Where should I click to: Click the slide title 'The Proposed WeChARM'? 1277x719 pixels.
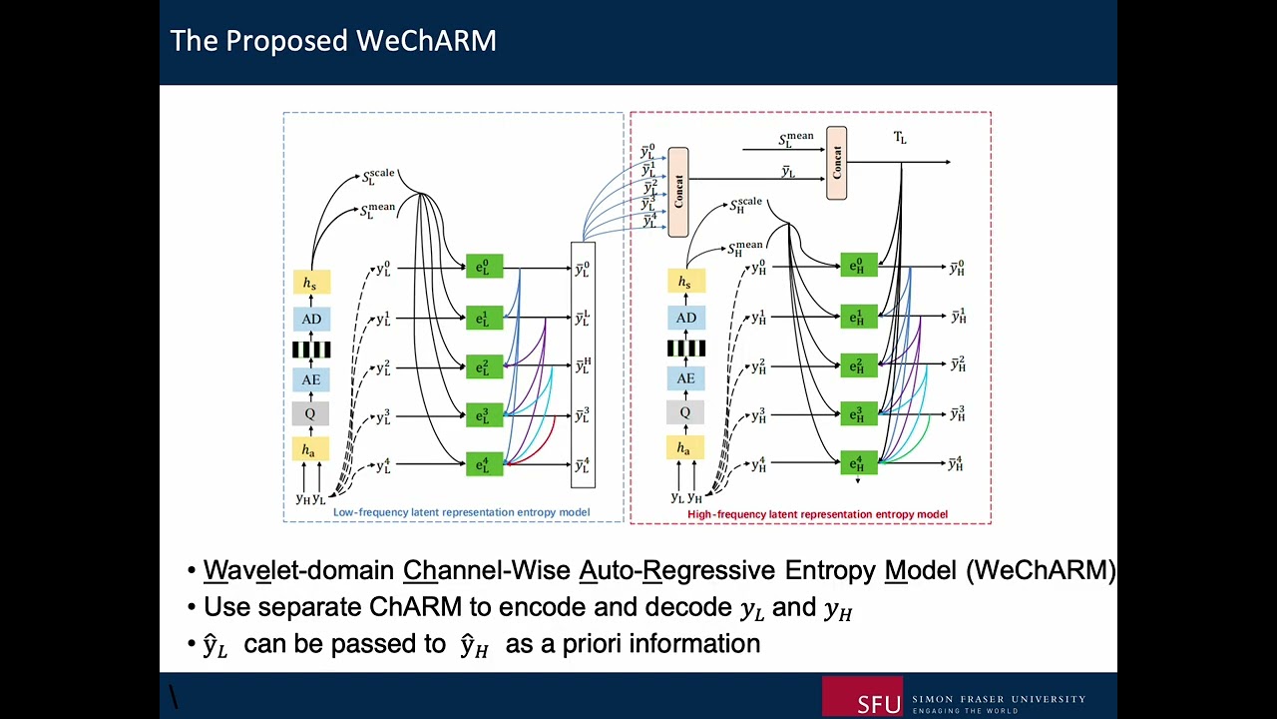(333, 41)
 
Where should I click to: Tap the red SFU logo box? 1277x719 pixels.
(862, 696)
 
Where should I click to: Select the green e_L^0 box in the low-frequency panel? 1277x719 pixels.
(484, 267)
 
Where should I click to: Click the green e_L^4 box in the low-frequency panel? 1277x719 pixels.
(484, 464)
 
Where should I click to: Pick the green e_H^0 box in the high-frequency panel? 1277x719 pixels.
(858, 266)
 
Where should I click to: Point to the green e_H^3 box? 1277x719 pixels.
(858, 413)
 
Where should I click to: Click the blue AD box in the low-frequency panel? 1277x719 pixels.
(311, 320)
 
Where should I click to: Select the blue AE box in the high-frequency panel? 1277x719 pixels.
(685, 378)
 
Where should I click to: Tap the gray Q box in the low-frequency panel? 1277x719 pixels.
(310, 413)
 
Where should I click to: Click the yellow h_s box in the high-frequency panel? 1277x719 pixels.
(685, 283)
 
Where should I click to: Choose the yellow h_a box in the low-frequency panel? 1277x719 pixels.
(310, 449)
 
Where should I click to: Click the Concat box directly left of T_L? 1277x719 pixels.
(836, 163)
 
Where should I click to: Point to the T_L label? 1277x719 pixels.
(900, 138)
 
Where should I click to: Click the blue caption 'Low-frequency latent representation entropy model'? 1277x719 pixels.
(461, 512)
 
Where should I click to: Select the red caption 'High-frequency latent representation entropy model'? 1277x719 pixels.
(817, 514)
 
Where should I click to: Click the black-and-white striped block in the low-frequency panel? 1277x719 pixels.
(310, 350)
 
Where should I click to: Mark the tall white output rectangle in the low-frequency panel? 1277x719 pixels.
(583, 364)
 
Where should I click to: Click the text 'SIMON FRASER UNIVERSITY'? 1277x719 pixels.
(998, 699)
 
